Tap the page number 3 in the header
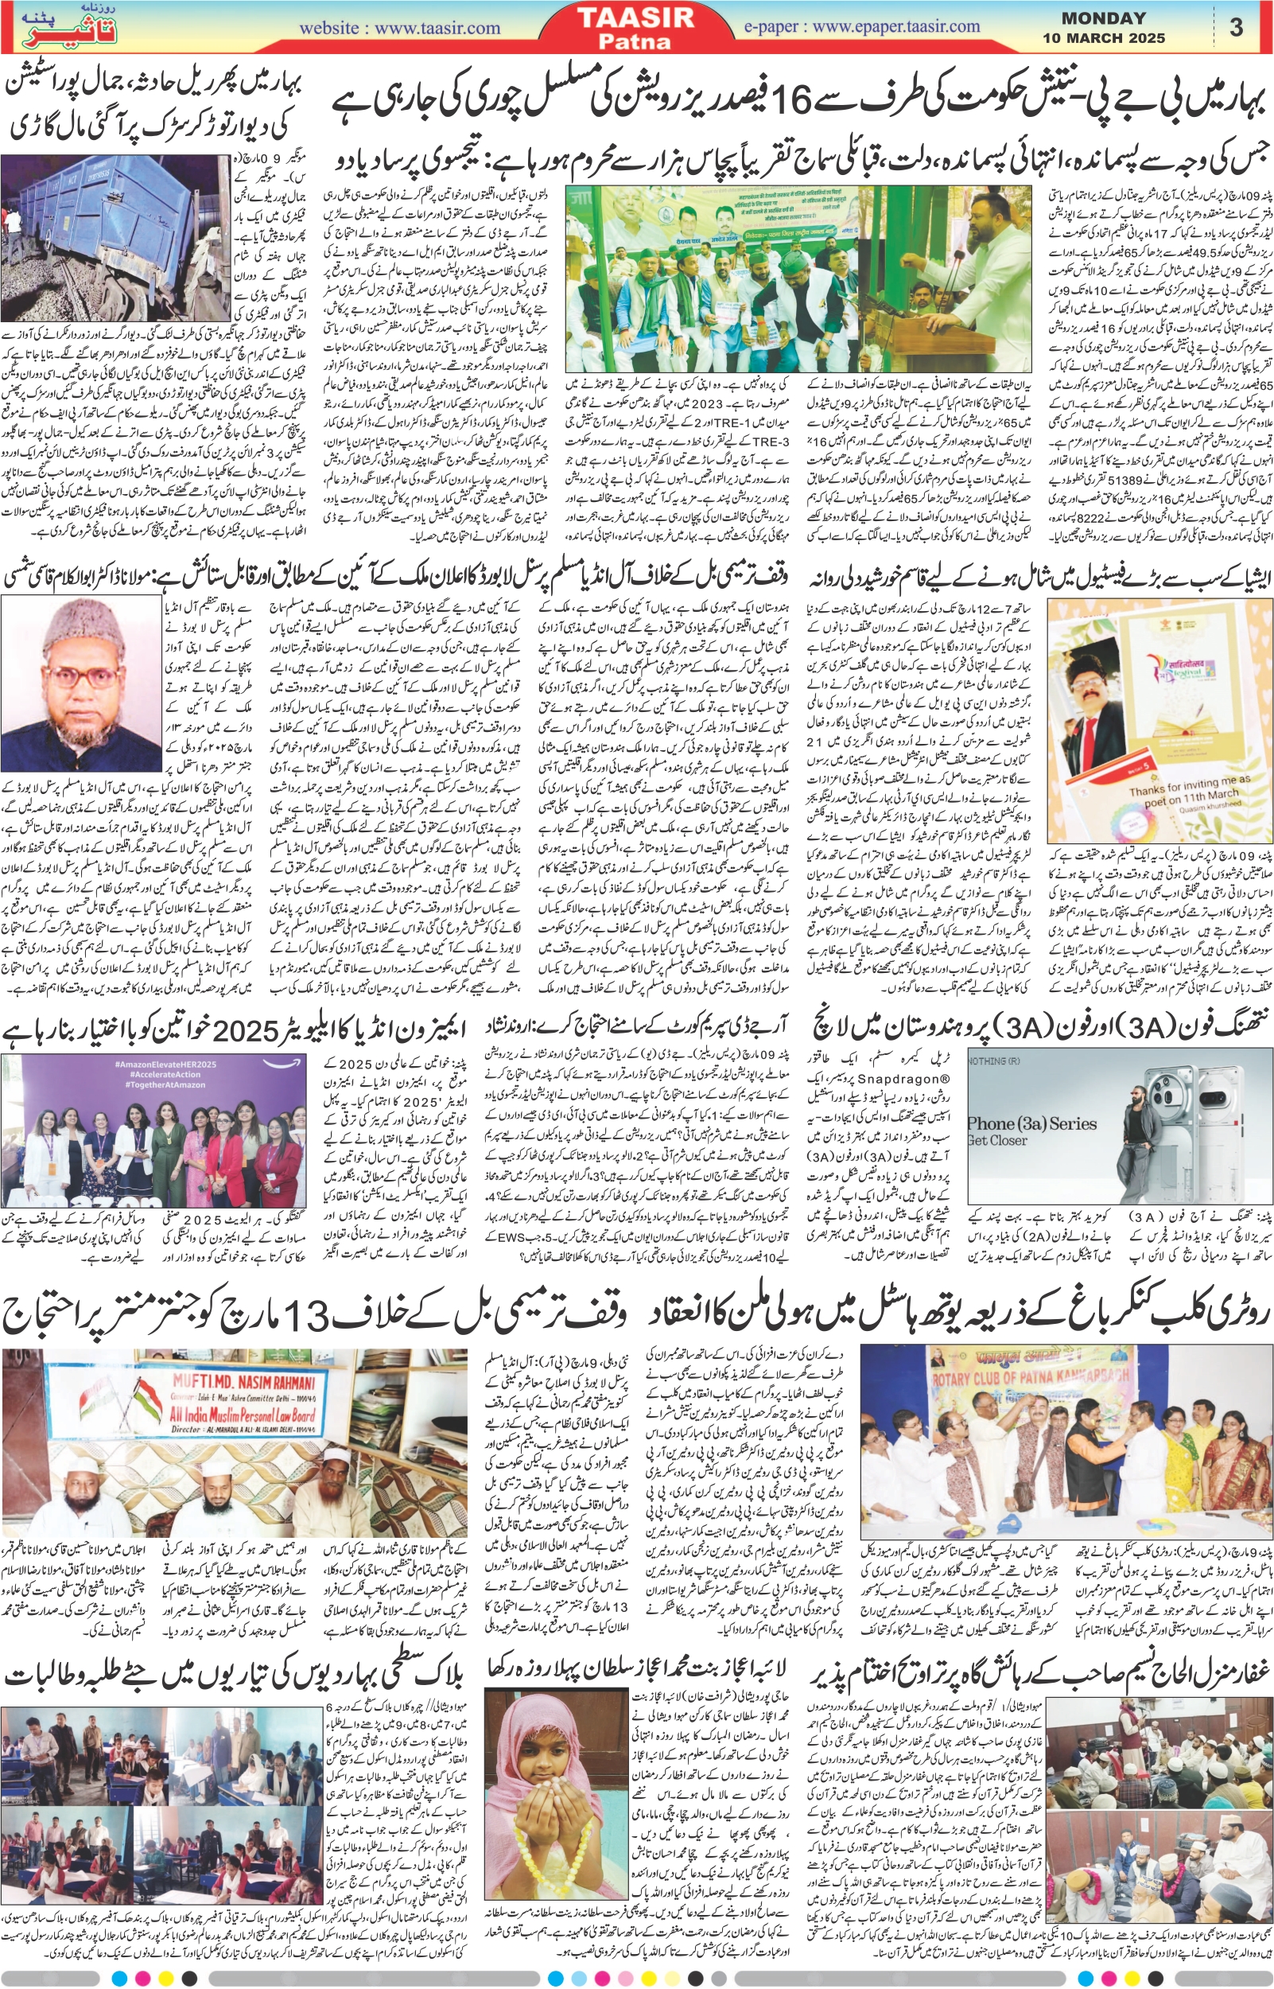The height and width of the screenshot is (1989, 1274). tap(1236, 27)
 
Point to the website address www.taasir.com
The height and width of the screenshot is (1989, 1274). tap(399, 27)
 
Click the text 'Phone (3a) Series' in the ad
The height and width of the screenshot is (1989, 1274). tap(1031, 1123)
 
